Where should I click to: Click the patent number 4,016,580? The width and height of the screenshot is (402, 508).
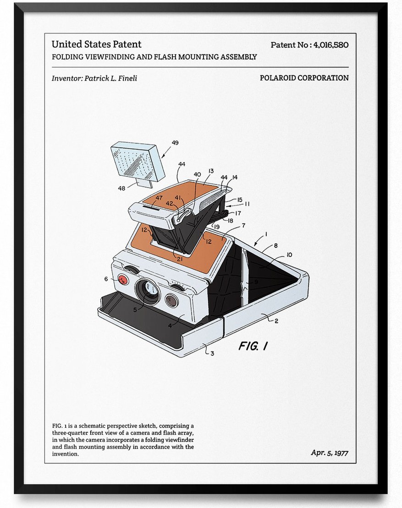tap(330, 45)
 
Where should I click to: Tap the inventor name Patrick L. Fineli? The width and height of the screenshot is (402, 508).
tap(110, 78)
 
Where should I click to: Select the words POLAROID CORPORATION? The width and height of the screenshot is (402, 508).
tap(304, 78)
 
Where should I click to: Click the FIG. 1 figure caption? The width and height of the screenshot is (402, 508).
tap(253, 346)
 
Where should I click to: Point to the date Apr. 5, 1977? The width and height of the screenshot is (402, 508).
tap(330, 452)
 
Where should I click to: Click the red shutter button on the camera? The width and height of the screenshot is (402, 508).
tap(123, 279)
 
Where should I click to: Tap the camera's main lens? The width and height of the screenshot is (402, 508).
tap(148, 290)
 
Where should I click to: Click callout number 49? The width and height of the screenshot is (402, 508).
tap(175, 142)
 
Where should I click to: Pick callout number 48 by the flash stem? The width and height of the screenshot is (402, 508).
tap(121, 188)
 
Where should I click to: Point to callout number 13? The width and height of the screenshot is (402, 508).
tap(211, 171)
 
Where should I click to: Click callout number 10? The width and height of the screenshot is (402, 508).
tap(289, 254)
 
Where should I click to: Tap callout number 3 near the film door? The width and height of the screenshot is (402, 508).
tap(212, 353)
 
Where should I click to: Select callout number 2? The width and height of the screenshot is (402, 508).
tap(276, 321)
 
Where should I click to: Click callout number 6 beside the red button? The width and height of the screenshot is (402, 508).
tap(106, 279)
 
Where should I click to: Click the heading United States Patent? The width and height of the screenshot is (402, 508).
tap(97, 44)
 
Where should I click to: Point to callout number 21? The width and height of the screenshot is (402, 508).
tap(180, 259)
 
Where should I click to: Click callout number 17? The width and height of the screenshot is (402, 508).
tap(238, 213)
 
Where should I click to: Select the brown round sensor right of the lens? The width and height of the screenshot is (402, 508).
tap(171, 300)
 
